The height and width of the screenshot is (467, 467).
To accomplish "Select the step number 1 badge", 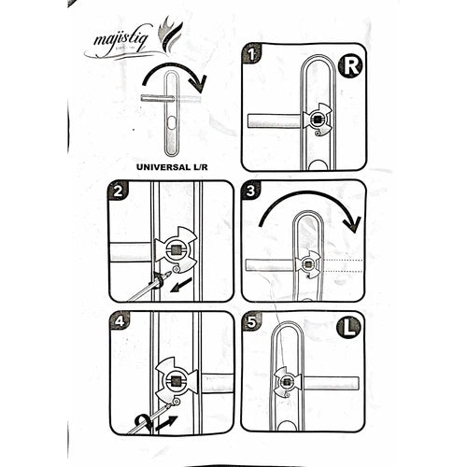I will (252, 55).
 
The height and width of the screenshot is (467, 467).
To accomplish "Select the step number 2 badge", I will (119, 192).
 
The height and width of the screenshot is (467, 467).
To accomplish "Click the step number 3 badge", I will (252, 192).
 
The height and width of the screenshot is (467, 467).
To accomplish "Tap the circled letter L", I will (347, 330).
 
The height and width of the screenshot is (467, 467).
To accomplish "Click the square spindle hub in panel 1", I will (317, 120).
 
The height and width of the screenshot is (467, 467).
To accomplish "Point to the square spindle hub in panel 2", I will (177, 250).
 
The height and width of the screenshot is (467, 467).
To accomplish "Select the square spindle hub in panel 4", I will (175, 378).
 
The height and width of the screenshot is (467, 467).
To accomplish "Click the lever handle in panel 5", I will (327, 383).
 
